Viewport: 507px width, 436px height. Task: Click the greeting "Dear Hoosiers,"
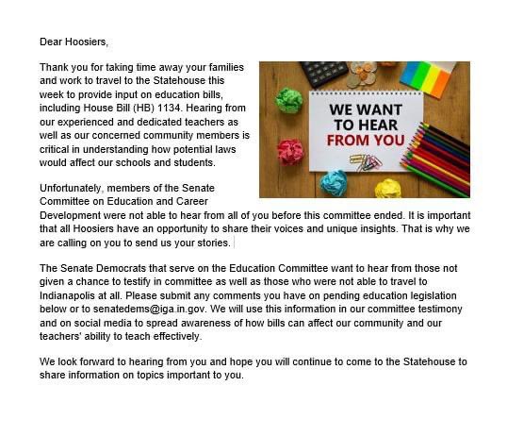tap(74, 42)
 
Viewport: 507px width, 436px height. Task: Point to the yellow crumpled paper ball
tap(387, 188)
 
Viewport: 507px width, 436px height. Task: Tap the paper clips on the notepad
tap(365, 160)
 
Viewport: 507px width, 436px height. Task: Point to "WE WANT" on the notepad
tap(365, 109)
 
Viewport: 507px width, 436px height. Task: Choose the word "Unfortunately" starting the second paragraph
tap(72, 188)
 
